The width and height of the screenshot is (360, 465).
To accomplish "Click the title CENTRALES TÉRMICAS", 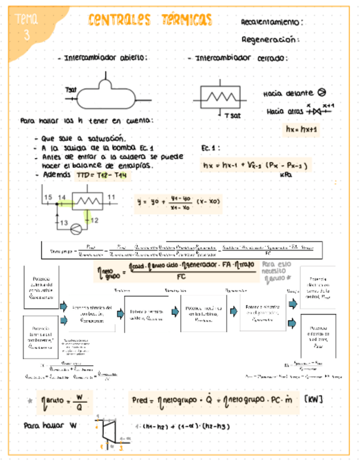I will (x=149, y=21).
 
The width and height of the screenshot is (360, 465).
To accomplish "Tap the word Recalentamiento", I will (x=271, y=22).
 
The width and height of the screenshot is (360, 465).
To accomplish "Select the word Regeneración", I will (x=270, y=39).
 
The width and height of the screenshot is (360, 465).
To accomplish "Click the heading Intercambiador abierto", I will (x=105, y=58).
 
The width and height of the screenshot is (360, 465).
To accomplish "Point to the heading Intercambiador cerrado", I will (x=238, y=58).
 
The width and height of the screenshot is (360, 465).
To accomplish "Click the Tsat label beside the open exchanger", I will (x=71, y=89).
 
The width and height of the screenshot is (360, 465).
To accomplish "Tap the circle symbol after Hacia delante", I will (x=322, y=93).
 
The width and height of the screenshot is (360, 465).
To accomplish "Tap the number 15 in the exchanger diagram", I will (x=48, y=197).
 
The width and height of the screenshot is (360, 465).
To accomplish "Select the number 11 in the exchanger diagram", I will (x=111, y=197).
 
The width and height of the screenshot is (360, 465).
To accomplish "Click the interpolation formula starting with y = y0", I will (x=179, y=202).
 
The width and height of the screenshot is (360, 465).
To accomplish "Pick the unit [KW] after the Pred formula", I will (x=313, y=399).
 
